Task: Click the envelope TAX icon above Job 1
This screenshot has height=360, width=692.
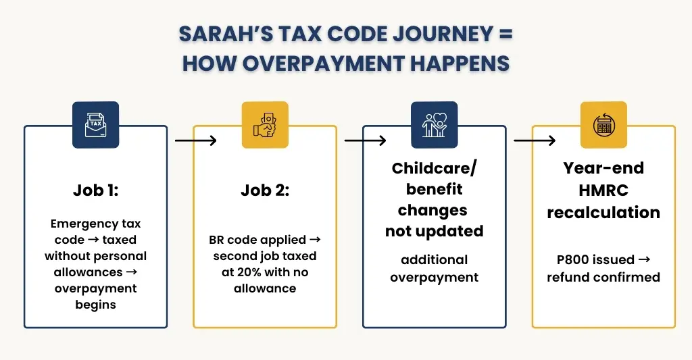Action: (95, 124)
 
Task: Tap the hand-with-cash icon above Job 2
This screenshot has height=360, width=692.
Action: (265, 124)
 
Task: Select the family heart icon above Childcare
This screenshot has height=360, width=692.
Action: (435, 124)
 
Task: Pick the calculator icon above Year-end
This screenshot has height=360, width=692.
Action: (603, 124)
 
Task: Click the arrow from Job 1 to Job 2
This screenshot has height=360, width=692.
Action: (195, 140)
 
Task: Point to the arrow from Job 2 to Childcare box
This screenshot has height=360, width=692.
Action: (365, 140)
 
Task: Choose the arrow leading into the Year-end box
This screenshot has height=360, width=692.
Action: (535, 140)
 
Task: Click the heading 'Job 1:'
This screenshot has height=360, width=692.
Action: (95, 190)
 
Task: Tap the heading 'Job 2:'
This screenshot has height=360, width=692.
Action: (265, 190)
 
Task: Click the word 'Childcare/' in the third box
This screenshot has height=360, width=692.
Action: (435, 168)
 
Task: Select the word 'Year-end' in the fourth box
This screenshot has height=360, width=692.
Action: (603, 168)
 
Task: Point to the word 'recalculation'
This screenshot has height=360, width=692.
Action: (603, 212)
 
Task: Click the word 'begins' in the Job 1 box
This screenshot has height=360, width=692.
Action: (95, 305)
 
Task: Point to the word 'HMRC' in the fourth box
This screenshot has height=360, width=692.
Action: (603, 190)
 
